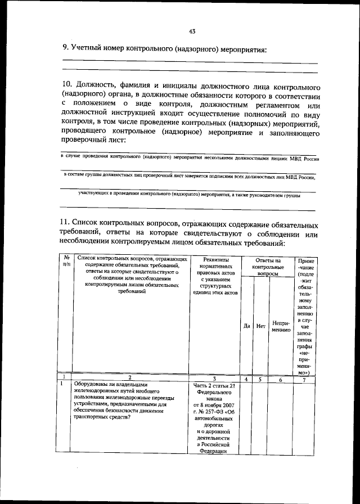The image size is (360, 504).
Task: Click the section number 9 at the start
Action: coord(64,49)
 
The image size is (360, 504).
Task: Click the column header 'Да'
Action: coord(246,326)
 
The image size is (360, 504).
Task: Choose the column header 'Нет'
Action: coord(260,326)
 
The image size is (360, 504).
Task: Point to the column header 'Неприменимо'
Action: coord(281,326)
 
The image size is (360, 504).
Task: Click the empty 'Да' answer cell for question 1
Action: coord(246,416)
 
